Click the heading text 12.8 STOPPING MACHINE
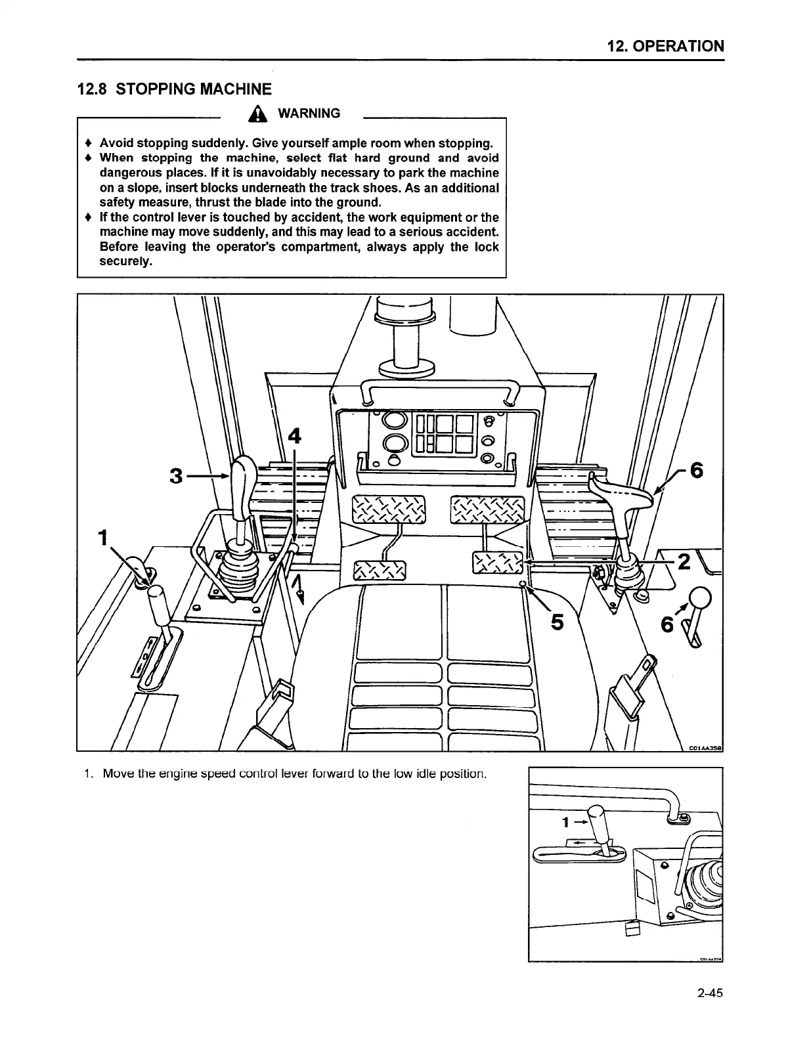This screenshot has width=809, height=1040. pyautogui.click(x=174, y=89)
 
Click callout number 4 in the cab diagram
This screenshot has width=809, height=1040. pyautogui.click(x=295, y=437)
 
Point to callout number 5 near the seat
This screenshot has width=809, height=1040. pyautogui.click(x=557, y=622)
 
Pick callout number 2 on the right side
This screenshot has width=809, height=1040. pyautogui.click(x=684, y=562)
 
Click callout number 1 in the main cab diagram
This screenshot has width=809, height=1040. pyautogui.click(x=102, y=537)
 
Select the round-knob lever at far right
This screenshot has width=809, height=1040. pyautogui.click(x=699, y=599)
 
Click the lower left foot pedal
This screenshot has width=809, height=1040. pyautogui.click(x=380, y=571)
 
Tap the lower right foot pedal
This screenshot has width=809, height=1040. pyautogui.click(x=498, y=562)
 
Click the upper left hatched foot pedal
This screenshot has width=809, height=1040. pyautogui.click(x=389, y=509)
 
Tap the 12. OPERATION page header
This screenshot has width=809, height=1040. pyautogui.click(x=665, y=46)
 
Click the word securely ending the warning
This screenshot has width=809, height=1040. pyautogui.click(x=126, y=261)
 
